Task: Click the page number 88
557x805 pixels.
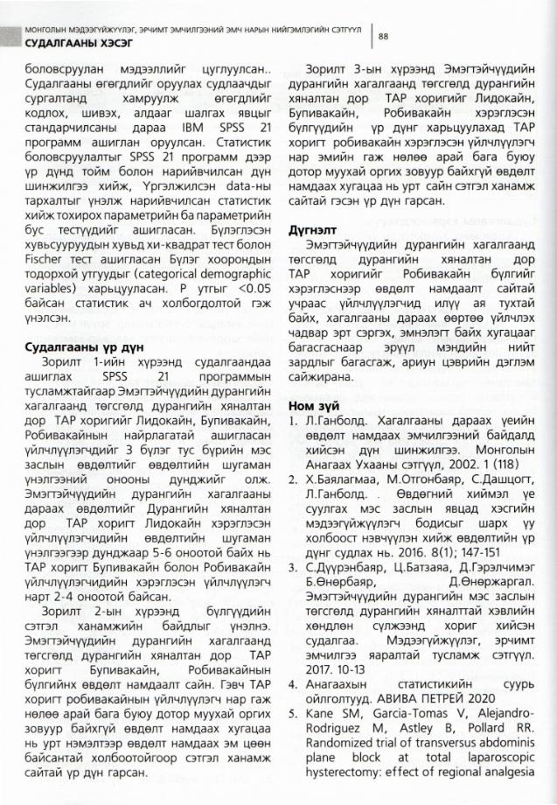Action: pyautogui.click(x=383, y=36)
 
